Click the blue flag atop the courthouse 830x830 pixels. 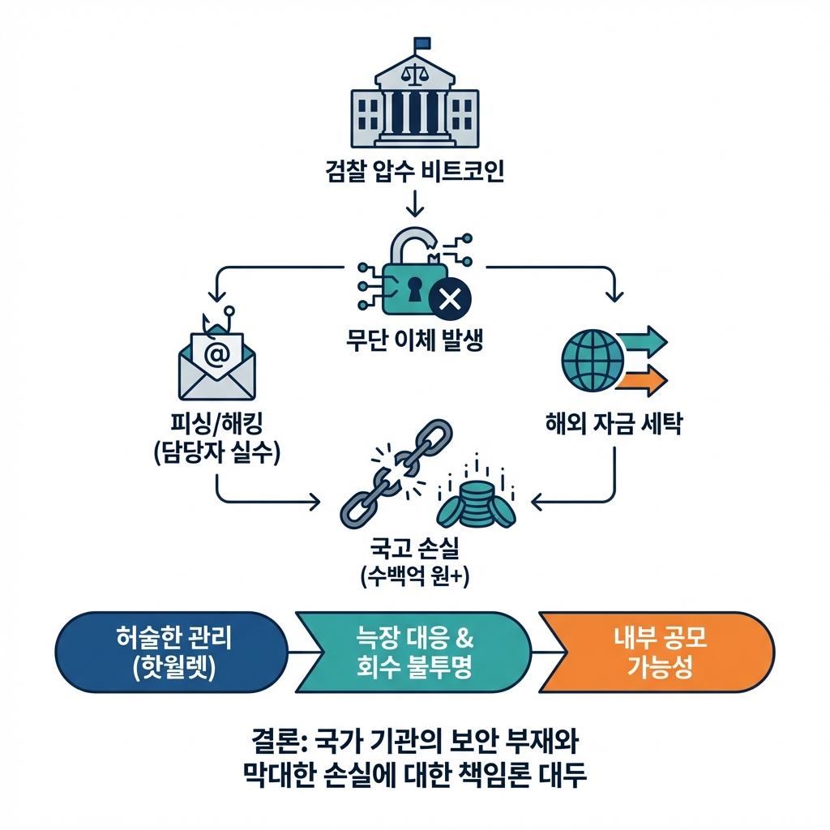tap(422, 43)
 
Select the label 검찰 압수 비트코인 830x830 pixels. tap(414, 173)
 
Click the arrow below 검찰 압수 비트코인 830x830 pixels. tap(414, 203)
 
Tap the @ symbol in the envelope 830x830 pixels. tap(216, 353)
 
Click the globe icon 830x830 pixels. tap(591, 357)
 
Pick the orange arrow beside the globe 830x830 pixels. tap(645, 378)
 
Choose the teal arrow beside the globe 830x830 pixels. tap(645, 339)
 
